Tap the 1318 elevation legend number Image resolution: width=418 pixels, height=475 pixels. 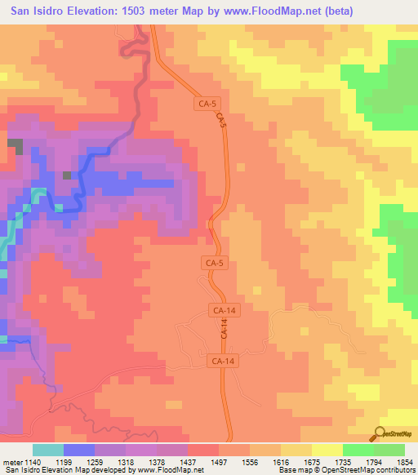[x=125, y=461]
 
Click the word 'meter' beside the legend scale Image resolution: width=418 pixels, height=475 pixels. [x=11, y=461]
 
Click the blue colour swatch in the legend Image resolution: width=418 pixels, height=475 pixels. [x=79, y=450]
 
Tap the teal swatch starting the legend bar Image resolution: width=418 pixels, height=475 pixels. [x=48, y=450]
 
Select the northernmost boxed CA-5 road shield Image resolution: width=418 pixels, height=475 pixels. [x=207, y=104]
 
